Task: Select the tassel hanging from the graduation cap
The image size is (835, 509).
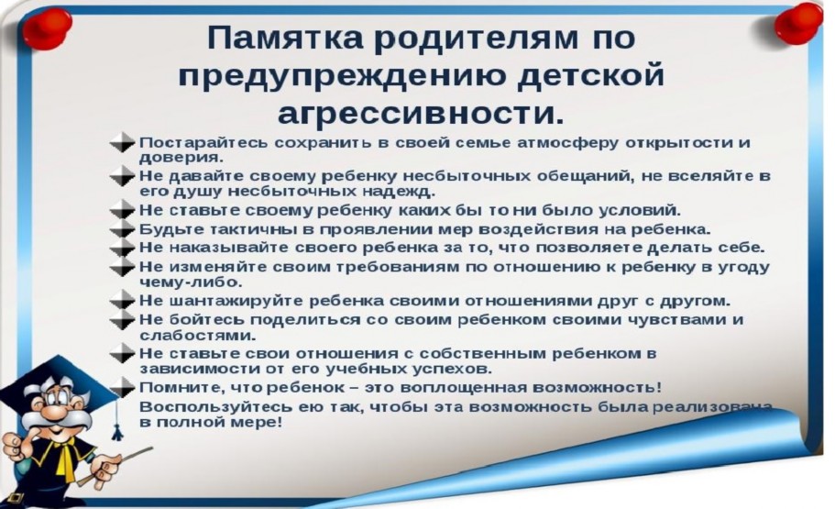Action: coord(117,420)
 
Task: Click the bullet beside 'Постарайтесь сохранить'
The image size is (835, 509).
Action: coord(122,142)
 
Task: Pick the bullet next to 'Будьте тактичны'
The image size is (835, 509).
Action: coord(122,229)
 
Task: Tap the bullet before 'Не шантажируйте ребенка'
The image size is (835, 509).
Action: coord(122,301)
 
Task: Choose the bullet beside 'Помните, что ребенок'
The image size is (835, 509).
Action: coord(122,387)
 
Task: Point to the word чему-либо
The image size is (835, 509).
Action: coord(191,282)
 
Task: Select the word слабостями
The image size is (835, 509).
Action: coord(198,336)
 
